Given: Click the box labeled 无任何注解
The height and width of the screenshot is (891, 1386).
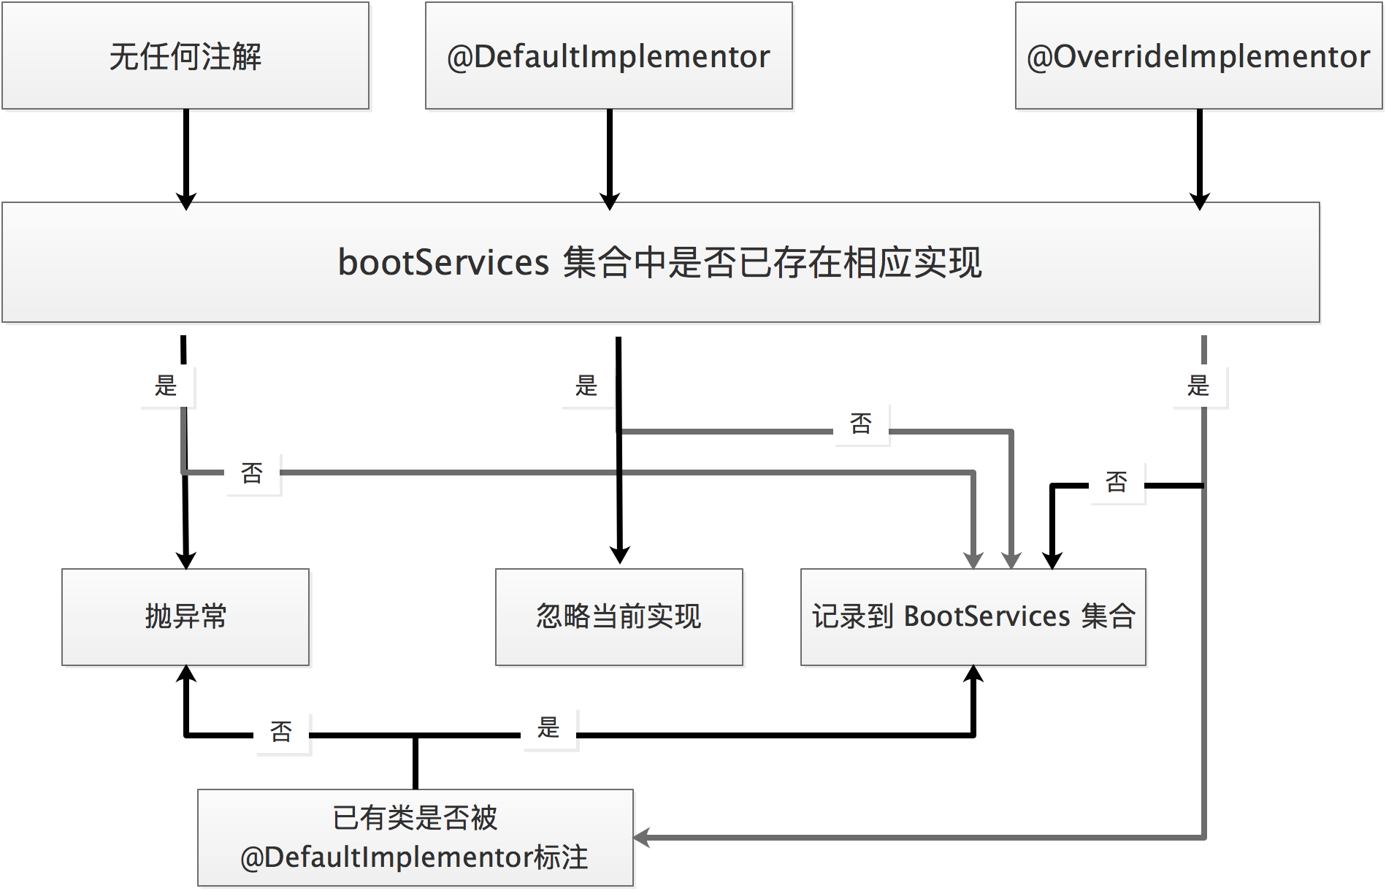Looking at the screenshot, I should [185, 56].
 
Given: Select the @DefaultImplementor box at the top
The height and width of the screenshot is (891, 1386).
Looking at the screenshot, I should [608, 56].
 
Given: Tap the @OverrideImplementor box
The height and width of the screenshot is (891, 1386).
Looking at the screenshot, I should [1198, 56].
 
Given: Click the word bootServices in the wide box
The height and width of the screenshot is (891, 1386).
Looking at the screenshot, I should [443, 262].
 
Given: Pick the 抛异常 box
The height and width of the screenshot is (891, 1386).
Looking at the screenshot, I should [185, 617].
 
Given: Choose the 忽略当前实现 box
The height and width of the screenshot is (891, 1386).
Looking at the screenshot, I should [619, 617].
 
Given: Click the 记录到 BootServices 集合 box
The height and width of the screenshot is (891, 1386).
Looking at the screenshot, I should [973, 617].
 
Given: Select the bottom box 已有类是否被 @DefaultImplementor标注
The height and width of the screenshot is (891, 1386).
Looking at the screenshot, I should [415, 838].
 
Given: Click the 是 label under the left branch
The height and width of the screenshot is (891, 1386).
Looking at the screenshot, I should [166, 386].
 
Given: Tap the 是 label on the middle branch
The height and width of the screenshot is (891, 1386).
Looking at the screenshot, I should [586, 386].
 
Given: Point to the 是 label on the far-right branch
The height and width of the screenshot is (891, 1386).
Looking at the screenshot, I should [1198, 386].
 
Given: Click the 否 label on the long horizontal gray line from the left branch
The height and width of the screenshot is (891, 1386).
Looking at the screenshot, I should [252, 473].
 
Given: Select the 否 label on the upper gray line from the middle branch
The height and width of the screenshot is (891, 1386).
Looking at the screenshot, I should [861, 424].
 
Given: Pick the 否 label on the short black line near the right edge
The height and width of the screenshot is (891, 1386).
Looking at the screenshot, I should [1117, 482].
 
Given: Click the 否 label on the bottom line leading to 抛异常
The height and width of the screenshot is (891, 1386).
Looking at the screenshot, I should [281, 732].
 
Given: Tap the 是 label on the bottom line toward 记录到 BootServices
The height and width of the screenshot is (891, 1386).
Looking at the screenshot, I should [548, 727].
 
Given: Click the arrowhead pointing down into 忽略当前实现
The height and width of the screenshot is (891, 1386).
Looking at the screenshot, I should [619, 556].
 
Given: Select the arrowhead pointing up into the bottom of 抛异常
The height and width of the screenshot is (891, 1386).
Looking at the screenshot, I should [187, 673].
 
